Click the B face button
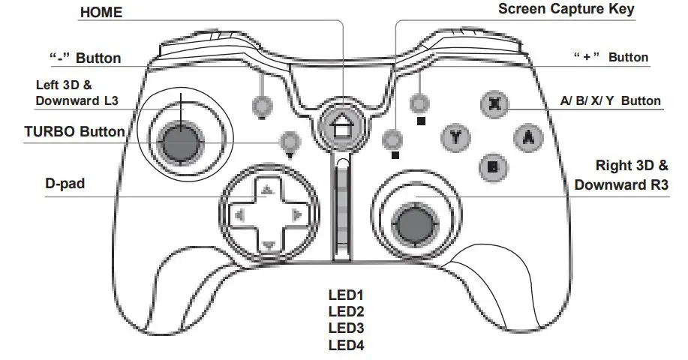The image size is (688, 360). [x=491, y=167]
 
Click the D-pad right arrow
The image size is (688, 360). [x=296, y=216]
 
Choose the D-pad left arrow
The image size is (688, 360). [x=239, y=216]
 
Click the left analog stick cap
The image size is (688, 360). [x=182, y=141]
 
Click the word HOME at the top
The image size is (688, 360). [x=101, y=13]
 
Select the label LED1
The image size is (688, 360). [x=346, y=295]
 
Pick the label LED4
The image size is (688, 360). [x=346, y=345]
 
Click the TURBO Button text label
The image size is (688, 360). [x=75, y=131]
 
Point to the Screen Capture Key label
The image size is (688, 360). [x=566, y=9]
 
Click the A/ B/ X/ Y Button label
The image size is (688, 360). [x=610, y=100]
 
